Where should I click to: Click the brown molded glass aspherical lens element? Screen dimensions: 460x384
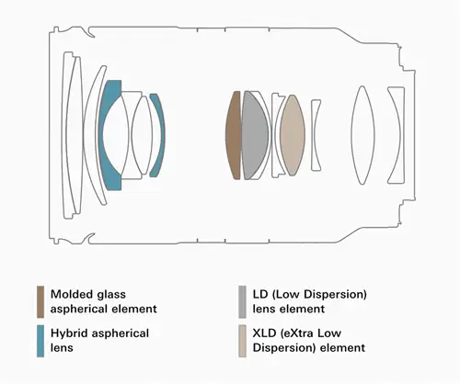pos(233,135)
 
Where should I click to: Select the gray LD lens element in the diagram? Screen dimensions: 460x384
pos(254,135)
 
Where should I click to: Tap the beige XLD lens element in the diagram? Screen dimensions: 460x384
pos(293,135)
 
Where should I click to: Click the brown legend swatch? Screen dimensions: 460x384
pos(40,302)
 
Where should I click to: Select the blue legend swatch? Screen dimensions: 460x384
pos(40,341)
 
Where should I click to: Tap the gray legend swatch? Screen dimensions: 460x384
pos(242,302)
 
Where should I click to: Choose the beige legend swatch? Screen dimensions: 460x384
pos(242,341)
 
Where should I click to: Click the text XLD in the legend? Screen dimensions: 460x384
pos(264,333)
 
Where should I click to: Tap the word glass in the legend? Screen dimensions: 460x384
pos(111,295)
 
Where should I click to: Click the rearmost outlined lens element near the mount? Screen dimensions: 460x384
pos(397,135)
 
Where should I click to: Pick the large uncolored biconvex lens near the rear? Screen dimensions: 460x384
pos(362,135)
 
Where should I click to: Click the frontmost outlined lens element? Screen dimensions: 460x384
pos(70,135)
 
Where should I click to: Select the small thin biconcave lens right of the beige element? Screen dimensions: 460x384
pos(316,135)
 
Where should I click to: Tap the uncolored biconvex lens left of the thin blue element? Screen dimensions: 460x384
pos(142,135)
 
